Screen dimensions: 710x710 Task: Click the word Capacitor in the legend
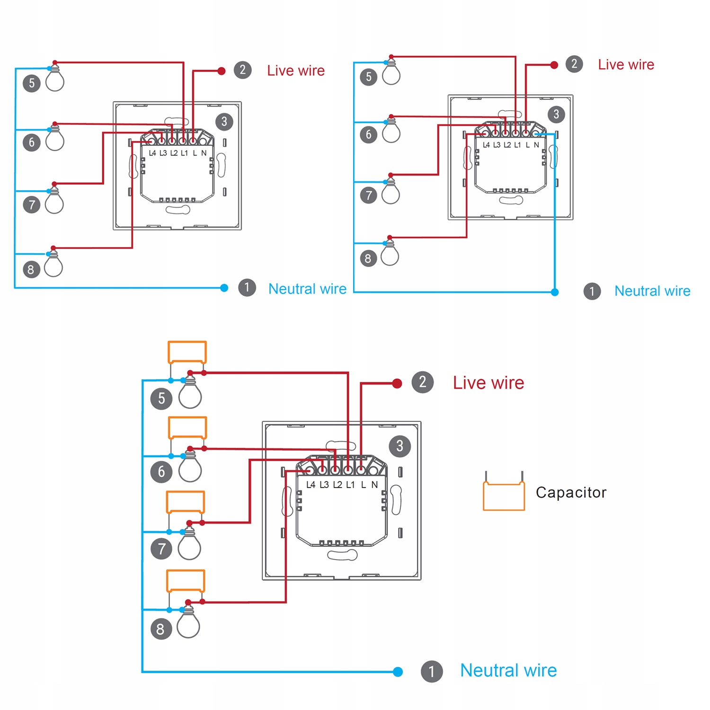tap(571, 492)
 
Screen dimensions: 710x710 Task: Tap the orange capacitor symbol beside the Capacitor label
tap(504, 496)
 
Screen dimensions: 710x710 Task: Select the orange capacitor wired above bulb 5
tap(187, 352)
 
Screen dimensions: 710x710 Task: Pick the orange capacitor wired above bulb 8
tap(186, 581)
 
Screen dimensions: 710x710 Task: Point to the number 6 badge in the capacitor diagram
tap(161, 472)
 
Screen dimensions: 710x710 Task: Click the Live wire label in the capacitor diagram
tap(488, 382)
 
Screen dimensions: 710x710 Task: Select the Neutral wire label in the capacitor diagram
tap(508, 670)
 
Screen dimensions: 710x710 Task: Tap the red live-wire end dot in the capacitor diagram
tap(397, 383)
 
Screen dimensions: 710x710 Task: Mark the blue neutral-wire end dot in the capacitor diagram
tap(398, 672)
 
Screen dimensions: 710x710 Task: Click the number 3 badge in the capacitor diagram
tap(399, 446)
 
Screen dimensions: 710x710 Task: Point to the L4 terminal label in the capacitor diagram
tap(311, 485)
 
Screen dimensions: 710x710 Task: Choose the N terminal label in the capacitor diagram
tap(374, 485)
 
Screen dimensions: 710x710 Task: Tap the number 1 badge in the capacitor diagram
tap(432, 671)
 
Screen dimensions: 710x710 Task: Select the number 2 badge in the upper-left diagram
tap(243, 70)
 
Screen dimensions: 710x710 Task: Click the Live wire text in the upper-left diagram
tap(296, 71)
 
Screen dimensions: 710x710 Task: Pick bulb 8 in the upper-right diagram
tap(390, 255)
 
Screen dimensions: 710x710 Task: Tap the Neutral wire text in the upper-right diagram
tap(652, 291)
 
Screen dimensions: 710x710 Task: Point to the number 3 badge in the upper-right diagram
tap(556, 114)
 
